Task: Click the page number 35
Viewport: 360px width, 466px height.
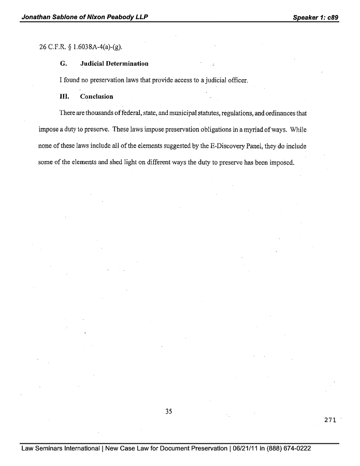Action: click(x=168, y=412)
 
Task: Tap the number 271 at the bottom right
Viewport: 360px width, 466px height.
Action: click(x=330, y=420)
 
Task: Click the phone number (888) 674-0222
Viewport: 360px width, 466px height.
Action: click(x=289, y=448)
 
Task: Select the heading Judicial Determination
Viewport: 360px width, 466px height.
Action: click(x=114, y=64)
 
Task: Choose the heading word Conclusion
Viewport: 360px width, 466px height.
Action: click(x=96, y=97)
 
